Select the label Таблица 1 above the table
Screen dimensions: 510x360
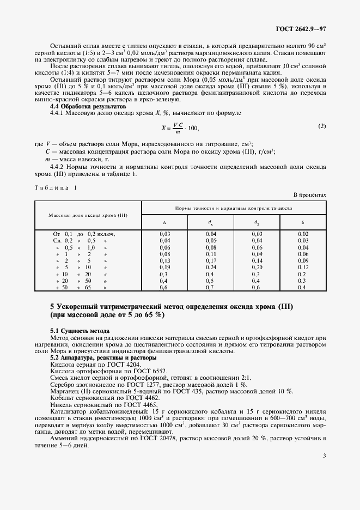tap(56, 187)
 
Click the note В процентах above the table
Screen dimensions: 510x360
tap(310, 194)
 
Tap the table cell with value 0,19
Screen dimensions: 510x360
tap(164, 268)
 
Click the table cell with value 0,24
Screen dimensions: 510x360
tap(210, 268)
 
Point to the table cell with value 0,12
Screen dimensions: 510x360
tap(303, 268)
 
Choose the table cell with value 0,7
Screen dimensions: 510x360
tap(210, 287)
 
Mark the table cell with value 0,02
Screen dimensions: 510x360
tap(303, 234)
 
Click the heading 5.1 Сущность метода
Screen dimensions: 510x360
tap(80, 331)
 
